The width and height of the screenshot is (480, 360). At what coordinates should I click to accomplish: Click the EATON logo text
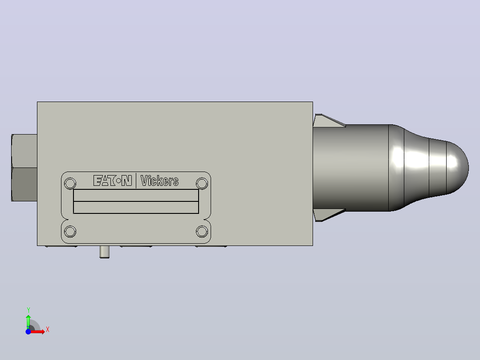[113, 180]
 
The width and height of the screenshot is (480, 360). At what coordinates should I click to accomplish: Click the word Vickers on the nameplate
[159, 181]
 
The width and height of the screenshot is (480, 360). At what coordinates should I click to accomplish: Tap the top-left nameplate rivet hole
[70, 184]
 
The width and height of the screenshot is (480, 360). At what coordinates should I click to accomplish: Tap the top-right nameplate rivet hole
[202, 184]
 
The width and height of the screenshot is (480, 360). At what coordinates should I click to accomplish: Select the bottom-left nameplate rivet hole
[70, 231]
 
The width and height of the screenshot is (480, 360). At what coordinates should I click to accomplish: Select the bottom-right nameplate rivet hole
[202, 231]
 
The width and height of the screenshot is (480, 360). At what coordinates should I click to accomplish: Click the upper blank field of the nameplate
[136, 195]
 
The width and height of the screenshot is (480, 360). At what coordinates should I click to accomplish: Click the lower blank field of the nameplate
[136, 207]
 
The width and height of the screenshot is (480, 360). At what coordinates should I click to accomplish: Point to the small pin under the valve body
[104, 252]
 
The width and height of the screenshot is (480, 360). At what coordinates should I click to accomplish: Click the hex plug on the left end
[24, 168]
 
